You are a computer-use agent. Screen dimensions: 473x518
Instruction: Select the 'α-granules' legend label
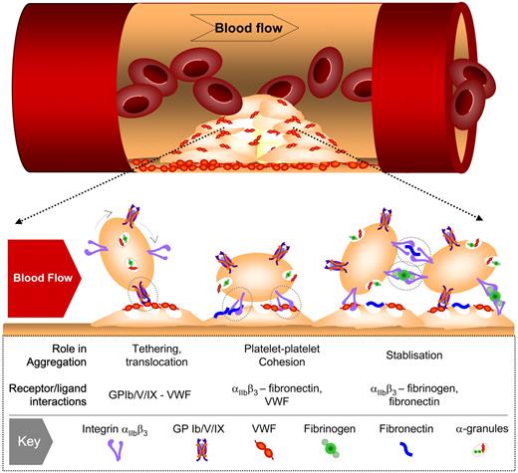pyautogui.click(x=481, y=429)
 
